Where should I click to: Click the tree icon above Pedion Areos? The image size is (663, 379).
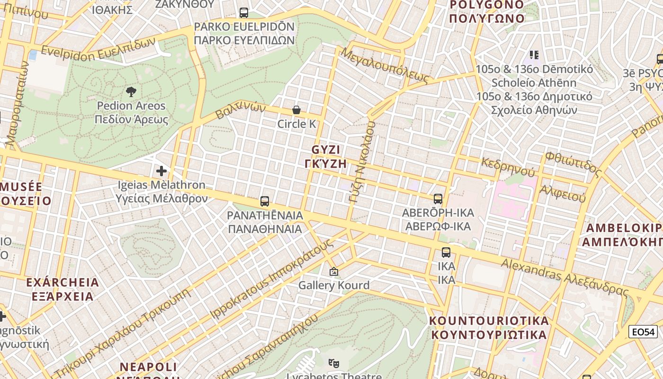point(131,91)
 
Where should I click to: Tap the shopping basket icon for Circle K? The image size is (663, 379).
point(296,110)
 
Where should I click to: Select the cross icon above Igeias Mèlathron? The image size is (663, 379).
point(161,171)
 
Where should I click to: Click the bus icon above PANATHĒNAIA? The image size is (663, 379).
point(265,201)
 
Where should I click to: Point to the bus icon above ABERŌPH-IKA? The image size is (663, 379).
point(438,199)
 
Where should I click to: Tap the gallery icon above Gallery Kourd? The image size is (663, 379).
point(334,272)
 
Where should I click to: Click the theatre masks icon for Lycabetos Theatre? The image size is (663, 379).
point(334,363)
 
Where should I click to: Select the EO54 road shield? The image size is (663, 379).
point(643,332)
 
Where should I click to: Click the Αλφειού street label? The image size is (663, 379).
point(563,193)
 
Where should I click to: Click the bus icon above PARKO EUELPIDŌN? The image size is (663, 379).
point(244,13)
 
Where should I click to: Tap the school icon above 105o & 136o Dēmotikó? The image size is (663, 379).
point(534,55)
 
